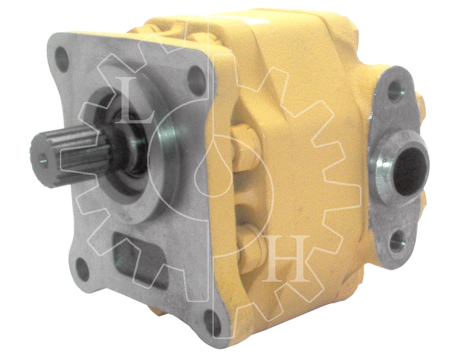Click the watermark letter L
[132, 101]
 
